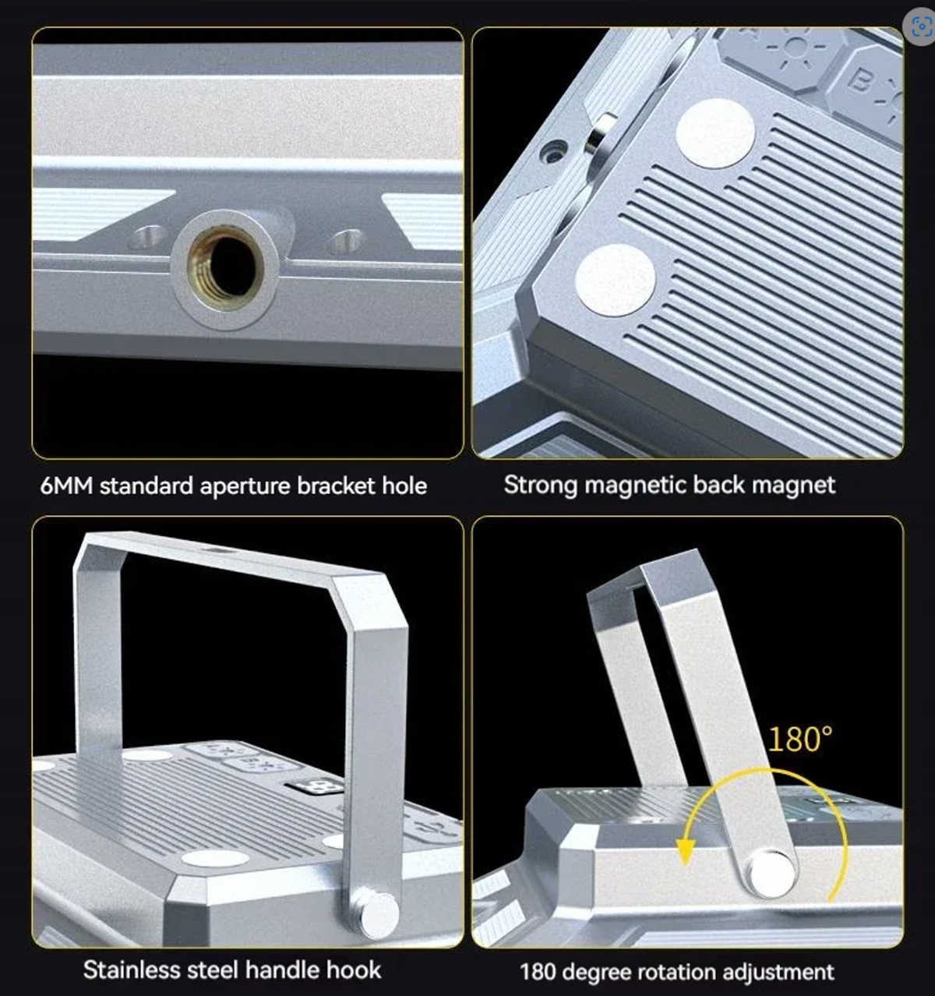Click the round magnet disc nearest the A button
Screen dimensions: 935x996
coord(714,133)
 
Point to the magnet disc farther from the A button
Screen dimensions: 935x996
coord(616,280)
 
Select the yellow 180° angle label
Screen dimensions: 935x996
coord(800,738)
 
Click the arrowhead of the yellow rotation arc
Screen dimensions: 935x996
coord(685,853)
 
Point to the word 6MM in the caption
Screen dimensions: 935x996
coord(66,486)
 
